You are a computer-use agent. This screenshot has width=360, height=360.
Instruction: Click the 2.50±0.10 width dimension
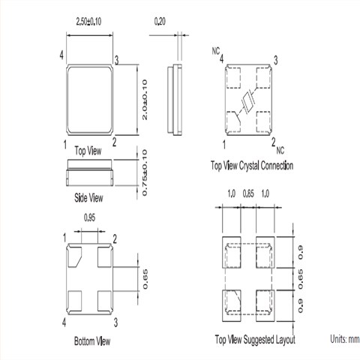point(88,22)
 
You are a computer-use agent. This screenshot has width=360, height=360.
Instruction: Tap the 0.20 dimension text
point(160,22)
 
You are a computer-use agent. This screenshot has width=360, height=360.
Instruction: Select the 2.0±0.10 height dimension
point(145,100)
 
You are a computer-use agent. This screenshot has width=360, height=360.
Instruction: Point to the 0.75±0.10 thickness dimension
point(145,172)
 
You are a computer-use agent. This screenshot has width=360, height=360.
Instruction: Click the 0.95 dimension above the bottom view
point(89,217)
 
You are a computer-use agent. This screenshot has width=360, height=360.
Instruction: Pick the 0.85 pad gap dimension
point(248,193)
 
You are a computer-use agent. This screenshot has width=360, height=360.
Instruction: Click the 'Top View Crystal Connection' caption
point(252,166)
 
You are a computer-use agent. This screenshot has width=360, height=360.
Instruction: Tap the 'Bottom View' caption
point(92,341)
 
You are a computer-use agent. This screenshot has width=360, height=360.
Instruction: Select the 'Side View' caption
point(88,198)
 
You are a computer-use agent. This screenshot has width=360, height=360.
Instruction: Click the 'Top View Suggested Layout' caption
point(255,340)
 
